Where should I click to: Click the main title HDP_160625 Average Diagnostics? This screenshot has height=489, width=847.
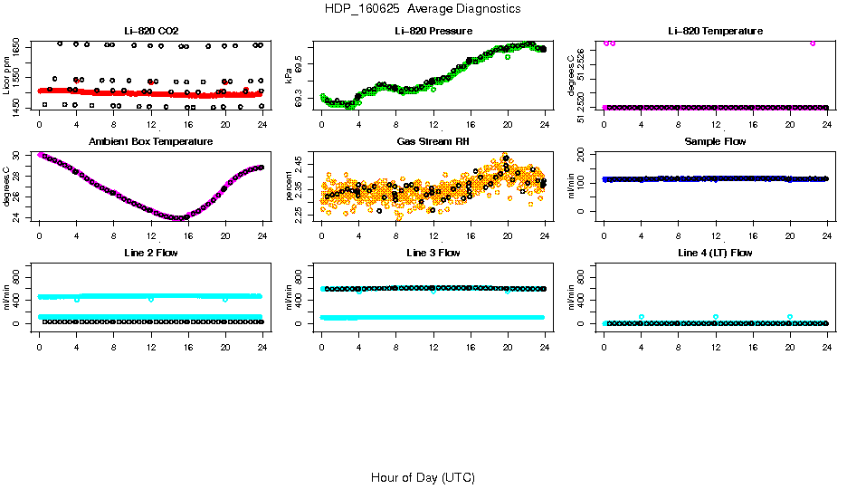(x=423, y=9)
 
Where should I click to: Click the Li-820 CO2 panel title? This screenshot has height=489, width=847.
(x=150, y=31)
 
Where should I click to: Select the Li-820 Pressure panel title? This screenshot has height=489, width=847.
(x=433, y=31)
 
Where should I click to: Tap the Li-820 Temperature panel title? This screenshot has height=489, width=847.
(x=715, y=31)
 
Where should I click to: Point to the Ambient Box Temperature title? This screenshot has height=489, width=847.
(x=150, y=142)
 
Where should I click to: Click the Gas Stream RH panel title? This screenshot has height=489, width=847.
(x=433, y=142)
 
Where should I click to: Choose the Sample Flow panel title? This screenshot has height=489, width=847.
(x=715, y=142)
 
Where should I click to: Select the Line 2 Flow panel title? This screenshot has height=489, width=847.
(x=150, y=253)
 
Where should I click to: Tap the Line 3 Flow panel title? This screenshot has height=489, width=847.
(x=433, y=253)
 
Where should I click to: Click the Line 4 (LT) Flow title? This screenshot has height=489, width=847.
(x=715, y=253)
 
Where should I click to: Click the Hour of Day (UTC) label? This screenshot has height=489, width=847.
(x=423, y=477)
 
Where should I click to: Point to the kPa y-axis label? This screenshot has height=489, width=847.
(x=289, y=77)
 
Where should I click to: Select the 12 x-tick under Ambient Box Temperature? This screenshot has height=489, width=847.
(x=151, y=235)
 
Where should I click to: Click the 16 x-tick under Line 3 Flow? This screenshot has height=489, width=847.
(x=471, y=346)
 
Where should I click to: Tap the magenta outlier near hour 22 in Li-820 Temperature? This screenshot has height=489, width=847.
(x=813, y=43)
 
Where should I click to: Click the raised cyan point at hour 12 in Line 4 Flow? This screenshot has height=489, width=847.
(x=716, y=317)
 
